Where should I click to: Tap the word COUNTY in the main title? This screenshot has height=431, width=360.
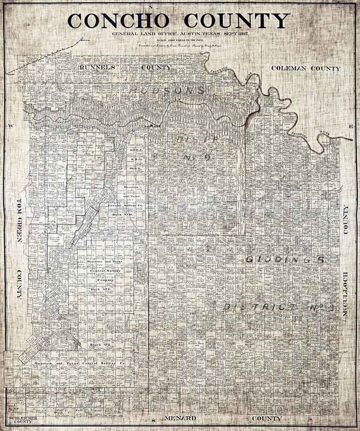(x=237, y=20)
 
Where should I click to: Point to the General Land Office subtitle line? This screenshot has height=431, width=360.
(x=180, y=34)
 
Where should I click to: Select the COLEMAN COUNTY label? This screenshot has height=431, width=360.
(x=306, y=69)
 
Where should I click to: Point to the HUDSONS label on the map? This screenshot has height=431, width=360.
(x=167, y=90)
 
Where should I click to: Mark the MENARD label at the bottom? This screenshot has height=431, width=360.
(x=180, y=418)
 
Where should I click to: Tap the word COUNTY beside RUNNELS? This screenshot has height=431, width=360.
(x=156, y=68)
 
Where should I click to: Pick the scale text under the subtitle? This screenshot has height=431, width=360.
(x=180, y=41)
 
